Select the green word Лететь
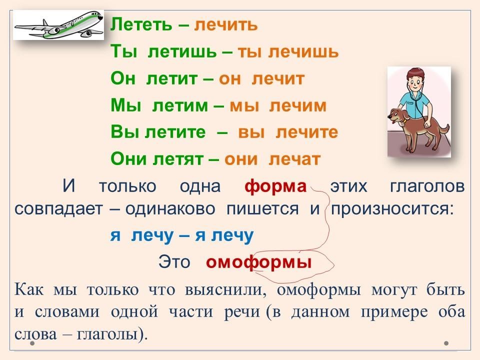pyautogui.click(x=141, y=24)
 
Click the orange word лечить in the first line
pyautogui.click(x=226, y=25)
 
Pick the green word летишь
pyautogui.click(x=182, y=51)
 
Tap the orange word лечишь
pyautogui.click(x=303, y=51)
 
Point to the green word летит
pyautogui.click(x=171, y=78)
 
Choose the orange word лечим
pyautogui.click(x=298, y=105)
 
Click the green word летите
pyautogui.click(x=175, y=132)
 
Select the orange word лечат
pyautogui.click(x=294, y=159)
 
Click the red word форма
pyautogui.click(x=275, y=186)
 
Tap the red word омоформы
pyautogui.click(x=259, y=262)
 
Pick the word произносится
pyautogui.click(x=392, y=209)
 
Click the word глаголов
pyautogui.click(x=427, y=186)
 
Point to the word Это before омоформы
pyautogui.click(x=174, y=262)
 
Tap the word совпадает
pyautogui.click(x=58, y=209)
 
